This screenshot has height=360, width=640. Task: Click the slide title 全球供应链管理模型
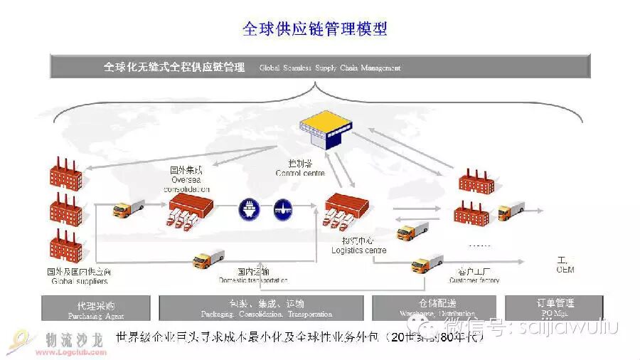pyautogui.click(x=315, y=28)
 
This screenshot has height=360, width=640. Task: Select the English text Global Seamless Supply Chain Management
pyautogui.click(x=330, y=68)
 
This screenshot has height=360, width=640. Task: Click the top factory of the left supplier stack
pyautogui.click(x=66, y=173)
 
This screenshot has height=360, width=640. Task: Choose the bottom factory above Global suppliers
pyautogui.click(x=66, y=246)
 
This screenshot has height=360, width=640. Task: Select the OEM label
pyautogui.click(x=565, y=270)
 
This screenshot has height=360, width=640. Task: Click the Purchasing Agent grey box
pyautogui.click(x=96, y=308)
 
